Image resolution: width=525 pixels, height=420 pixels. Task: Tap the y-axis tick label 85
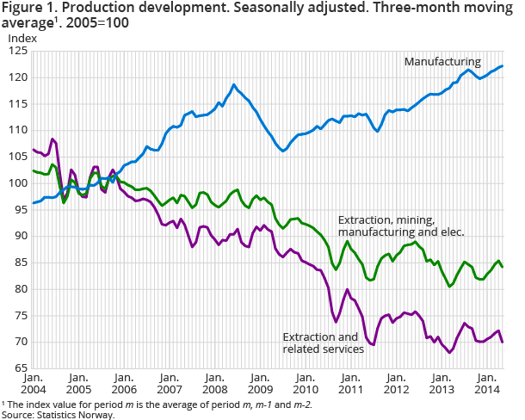coord(18,262)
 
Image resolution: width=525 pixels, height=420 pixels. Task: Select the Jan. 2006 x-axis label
coord(124,382)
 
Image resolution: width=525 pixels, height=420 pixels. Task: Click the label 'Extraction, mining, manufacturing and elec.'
coord(401,225)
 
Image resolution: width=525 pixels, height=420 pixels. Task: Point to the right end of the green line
coord(503,267)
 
